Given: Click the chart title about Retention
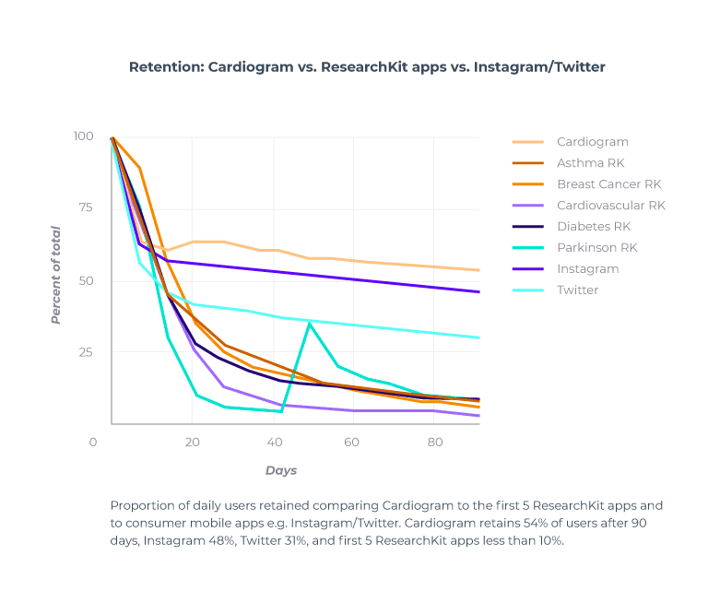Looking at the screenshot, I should tap(367, 67).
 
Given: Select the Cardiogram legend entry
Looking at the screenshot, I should tap(592, 142).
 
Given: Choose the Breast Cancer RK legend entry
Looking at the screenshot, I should tap(608, 184).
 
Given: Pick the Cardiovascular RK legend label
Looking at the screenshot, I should tap(610, 206).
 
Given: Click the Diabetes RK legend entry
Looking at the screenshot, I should tap(594, 227).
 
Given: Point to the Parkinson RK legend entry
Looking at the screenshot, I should tap(596, 248).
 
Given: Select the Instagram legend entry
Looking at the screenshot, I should tap(587, 269).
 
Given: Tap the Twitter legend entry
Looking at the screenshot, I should tap(577, 290).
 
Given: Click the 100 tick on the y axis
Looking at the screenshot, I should tap(83, 136).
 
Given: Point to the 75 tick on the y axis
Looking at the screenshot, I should tap(86, 208).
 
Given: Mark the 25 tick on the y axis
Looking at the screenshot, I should tap(86, 352).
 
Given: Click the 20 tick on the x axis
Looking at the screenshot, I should tap(192, 443).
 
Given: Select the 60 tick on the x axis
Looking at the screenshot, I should tap(350, 443).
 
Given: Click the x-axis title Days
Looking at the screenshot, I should tap(281, 470).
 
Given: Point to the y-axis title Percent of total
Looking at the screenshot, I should tap(55, 275).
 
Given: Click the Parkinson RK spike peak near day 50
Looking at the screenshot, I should tap(310, 323).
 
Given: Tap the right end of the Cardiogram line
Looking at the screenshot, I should tap(478, 270).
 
